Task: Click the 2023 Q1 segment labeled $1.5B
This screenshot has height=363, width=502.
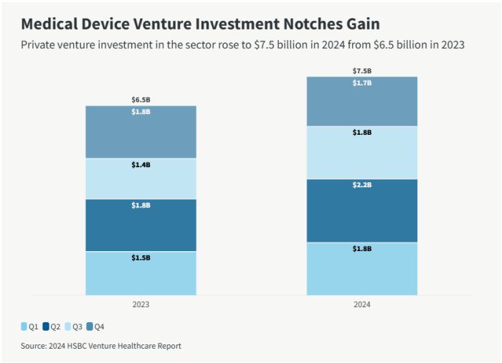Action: click(x=141, y=273)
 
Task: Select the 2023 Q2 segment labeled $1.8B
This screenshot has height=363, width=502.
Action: click(x=141, y=225)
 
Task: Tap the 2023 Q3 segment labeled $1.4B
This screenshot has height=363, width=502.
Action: click(x=141, y=179)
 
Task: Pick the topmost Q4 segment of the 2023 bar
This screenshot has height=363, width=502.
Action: click(x=141, y=132)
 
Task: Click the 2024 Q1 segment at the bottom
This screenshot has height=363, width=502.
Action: click(x=362, y=269)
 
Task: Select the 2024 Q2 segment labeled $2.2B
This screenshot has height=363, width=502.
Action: click(x=362, y=211)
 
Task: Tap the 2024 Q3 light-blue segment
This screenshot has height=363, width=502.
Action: click(x=362, y=153)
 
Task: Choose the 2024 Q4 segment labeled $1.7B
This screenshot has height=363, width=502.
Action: click(x=362, y=101)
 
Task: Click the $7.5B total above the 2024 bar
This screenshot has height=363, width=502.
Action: click(x=362, y=71)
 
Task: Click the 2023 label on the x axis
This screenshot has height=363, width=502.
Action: click(x=141, y=305)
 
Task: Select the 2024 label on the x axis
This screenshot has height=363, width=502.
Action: click(x=362, y=305)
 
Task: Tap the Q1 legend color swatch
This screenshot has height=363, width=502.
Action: click(x=24, y=327)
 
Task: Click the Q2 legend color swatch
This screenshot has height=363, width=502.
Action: click(x=46, y=327)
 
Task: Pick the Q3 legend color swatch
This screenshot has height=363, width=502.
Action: click(x=68, y=327)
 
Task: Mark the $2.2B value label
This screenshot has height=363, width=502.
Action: click(x=362, y=185)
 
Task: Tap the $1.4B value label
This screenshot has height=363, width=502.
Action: click(x=141, y=164)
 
